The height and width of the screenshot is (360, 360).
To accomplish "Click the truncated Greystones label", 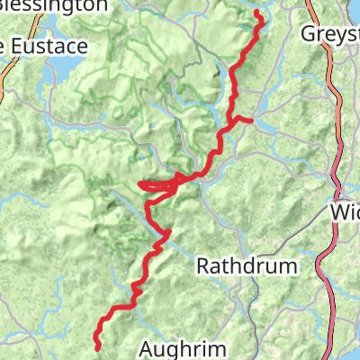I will point(330,33).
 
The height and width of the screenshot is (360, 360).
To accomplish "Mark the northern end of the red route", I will point(257,13).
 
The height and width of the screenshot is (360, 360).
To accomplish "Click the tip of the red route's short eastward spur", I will point(251,119).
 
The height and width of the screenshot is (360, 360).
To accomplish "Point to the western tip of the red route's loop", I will point(139,186).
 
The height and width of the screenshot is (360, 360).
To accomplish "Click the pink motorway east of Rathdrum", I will point(336,261).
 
